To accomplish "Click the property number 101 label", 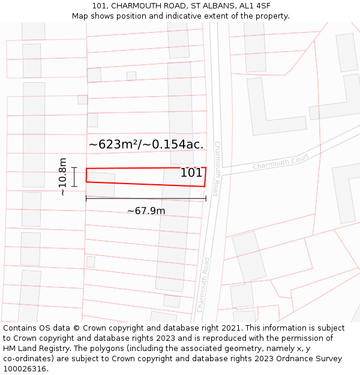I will pos(191,173).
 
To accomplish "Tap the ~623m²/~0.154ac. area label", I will pos(146,144).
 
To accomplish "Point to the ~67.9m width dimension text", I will pos(146,211).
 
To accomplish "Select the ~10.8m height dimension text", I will pos(62,177).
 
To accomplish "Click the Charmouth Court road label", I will pos(280,161).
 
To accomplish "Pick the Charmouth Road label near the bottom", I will pos(203,285).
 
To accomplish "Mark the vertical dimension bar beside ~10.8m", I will pos(74,177).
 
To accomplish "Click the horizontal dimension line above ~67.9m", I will pos(146,198).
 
